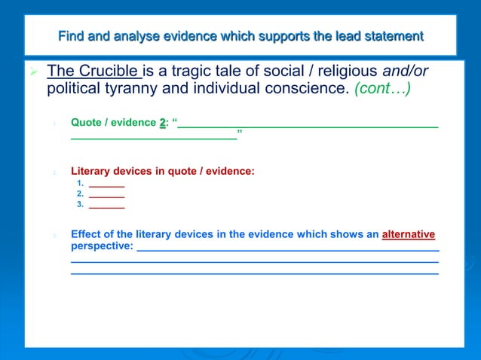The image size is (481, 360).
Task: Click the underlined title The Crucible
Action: tap(93, 72)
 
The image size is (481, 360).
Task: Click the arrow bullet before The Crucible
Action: tap(33, 72)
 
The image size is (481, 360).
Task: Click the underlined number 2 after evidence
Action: tap(162, 122)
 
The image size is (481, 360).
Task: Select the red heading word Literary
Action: tap(93, 171)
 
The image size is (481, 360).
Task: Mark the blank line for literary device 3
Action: tap(106, 204)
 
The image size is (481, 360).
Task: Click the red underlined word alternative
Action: tap(409, 234)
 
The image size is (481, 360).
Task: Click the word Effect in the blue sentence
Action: tap(87, 234)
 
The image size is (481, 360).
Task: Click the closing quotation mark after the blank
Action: tap(239, 135)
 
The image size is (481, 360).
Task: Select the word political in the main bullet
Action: tap(75, 89)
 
